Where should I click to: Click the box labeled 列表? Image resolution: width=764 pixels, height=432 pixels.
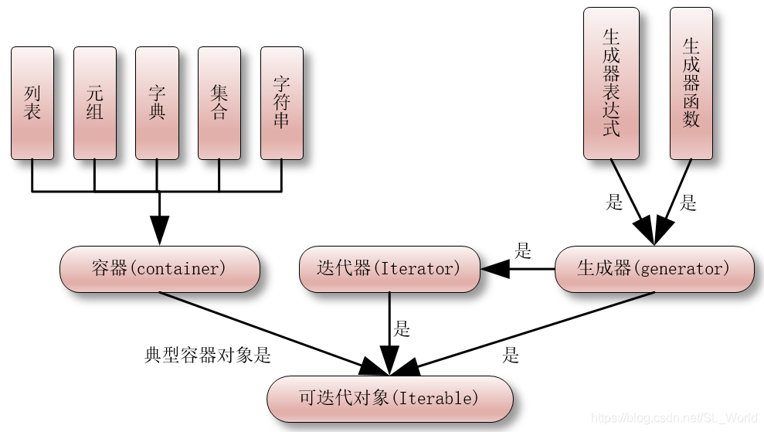pyautogui.click(x=32, y=102)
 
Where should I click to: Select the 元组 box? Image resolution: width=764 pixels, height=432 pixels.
pyautogui.click(x=94, y=102)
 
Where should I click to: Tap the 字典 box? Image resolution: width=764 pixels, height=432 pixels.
pyautogui.click(x=157, y=102)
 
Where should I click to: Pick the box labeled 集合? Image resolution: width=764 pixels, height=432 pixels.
pyautogui.click(x=219, y=102)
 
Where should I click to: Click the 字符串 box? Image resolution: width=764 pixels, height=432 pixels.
pyautogui.click(x=282, y=102)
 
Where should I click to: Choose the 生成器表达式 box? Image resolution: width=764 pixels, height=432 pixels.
pyautogui.click(x=611, y=83)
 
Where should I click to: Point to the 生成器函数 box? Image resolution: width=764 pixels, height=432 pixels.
pyautogui.click(x=691, y=83)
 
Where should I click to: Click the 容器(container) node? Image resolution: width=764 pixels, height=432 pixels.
pyautogui.click(x=159, y=269)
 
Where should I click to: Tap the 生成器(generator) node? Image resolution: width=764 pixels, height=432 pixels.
pyautogui.click(x=654, y=269)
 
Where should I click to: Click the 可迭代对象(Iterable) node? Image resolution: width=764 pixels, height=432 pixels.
pyautogui.click(x=389, y=399)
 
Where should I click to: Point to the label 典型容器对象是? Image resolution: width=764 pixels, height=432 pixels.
pyautogui.click(x=208, y=355)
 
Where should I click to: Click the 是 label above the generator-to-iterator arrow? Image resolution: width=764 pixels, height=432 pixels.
pyautogui.click(x=524, y=250)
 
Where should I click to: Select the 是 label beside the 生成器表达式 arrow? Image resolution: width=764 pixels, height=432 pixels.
pyautogui.click(x=614, y=203)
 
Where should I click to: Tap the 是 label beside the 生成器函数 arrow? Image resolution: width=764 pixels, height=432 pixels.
pyautogui.click(x=688, y=203)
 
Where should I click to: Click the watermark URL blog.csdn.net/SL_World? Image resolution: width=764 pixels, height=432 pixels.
pyautogui.click(x=675, y=417)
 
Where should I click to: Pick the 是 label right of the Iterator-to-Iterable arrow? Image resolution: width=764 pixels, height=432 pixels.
pyautogui.click(x=402, y=329)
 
